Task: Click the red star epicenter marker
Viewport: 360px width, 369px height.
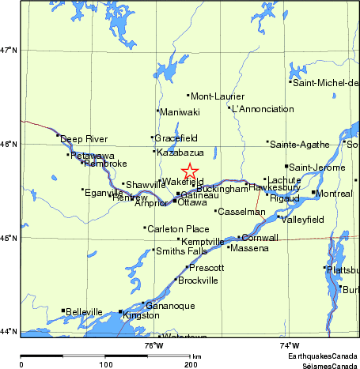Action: (x=190, y=171)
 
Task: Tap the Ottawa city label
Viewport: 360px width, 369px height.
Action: (x=191, y=202)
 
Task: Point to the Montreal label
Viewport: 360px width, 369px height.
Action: (x=333, y=194)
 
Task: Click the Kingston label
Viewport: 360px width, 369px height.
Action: (x=142, y=315)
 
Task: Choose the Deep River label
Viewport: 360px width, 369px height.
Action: (x=83, y=138)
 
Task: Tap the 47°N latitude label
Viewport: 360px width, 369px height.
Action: (x=9, y=50)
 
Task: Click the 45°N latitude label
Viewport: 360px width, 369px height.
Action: (x=9, y=237)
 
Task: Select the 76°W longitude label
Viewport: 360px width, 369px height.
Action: (x=153, y=345)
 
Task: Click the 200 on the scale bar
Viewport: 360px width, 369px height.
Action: (x=190, y=364)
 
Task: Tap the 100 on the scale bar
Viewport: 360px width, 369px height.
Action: (x=105, y=364)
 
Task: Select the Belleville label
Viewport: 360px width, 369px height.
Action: (x=84, y=311)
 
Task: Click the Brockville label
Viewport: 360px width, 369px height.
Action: (x=199, y=281)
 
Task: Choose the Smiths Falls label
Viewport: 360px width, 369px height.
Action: (x=182, y=251)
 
